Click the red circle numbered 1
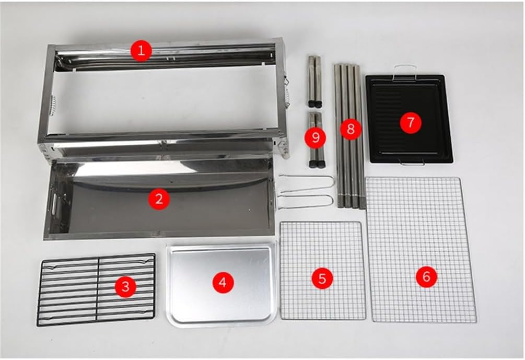[141, 51]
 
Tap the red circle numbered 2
[159, 199]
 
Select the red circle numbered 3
[125, 287]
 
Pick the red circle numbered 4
[223, 282]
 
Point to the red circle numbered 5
[322, 278]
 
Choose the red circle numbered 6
[426, 276]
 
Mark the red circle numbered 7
[411, 123]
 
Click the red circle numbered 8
[351, 129]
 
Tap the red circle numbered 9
[315, 136]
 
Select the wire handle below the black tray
[412, 163]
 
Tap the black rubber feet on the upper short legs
[316, 103]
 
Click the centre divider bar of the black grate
[98, 288]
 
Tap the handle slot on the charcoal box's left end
[53, 203]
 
